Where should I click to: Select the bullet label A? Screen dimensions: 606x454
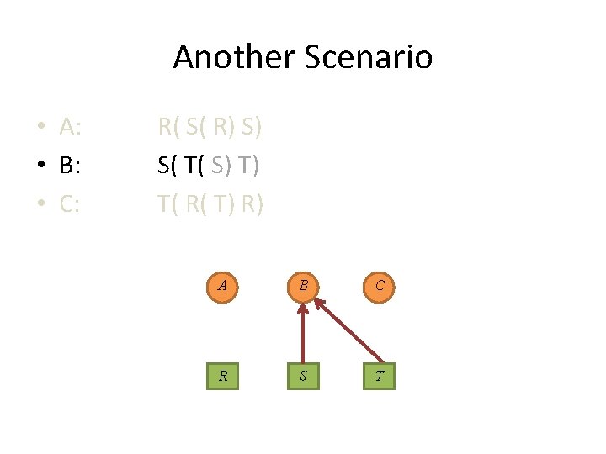point(71,127)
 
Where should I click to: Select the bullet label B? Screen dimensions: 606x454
point(71,166)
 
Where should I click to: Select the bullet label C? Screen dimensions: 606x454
point(71,204)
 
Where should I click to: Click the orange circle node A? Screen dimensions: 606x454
point(222,285)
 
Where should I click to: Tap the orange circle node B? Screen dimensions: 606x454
point(302,285)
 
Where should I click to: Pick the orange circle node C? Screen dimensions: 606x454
point(380,285)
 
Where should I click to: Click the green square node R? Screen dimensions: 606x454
point(222,375)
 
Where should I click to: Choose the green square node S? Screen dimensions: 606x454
point(302,375)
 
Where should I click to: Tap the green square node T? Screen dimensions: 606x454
point(380,375)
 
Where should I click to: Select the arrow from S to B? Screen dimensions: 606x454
point(302,336)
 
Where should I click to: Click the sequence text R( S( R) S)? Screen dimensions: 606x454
point(210,127)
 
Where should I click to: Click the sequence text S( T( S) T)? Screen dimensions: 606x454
point(209,166)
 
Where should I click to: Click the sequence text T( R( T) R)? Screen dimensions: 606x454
point(210,204)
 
